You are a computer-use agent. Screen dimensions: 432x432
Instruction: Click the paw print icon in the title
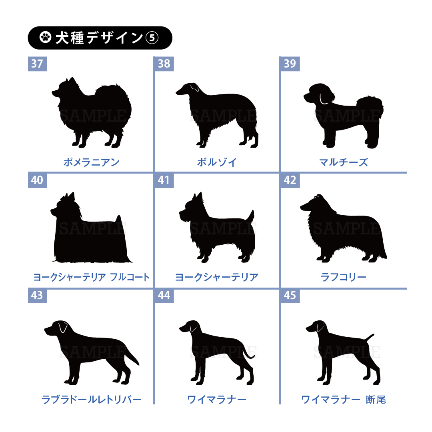(45, 37)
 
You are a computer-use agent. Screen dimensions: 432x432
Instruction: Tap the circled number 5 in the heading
(152, 38)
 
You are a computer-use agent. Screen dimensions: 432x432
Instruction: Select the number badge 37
(37, 64)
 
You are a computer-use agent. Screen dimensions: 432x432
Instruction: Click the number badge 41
(164, 180)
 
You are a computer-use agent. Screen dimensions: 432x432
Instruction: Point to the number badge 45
(290, 295)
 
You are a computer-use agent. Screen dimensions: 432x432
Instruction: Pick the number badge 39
(290, 64)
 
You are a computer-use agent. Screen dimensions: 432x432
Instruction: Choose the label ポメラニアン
(92, 162)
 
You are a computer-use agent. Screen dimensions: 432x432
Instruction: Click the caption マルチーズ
(344, 162)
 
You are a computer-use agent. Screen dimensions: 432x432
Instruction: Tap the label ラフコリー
(344, 277)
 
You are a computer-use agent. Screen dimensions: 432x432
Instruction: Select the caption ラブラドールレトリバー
(92, 399)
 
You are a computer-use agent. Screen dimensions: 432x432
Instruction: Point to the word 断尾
(376, 400)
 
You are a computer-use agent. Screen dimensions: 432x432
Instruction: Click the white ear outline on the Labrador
(63, 327)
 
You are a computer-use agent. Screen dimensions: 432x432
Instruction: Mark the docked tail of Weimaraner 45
(370, 337)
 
